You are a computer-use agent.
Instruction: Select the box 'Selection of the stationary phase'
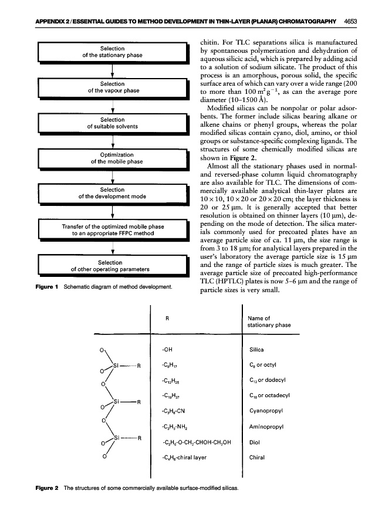[x=111, y=52]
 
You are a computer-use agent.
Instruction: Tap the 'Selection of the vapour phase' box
[x=111, y=87]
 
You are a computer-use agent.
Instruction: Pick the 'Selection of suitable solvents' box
[x=111, y=123]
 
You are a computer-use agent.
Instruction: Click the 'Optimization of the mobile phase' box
[x=111, y=158]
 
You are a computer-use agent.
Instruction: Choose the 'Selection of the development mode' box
[x=111, y=194]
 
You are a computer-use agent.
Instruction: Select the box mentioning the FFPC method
[x=111, y=229]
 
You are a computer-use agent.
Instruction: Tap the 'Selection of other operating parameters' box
[x=111, y=266]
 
